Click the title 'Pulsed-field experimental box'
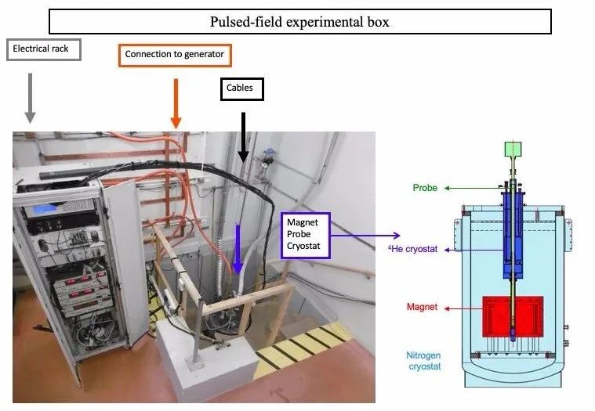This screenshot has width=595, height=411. pyautogui.click(x=299, y=21)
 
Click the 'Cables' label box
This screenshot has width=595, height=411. pyautogui.click(x=240, y=88)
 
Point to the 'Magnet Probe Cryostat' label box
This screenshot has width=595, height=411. pyautogui.click(x=306, y=236)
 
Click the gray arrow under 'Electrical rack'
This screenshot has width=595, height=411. pyautogui.click(x=30, y=98)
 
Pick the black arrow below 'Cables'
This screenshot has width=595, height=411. pyautogui.click(x=243, y=138)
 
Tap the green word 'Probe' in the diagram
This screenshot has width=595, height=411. pyautogui.click(x=424, y=188)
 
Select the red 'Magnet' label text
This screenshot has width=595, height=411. pyautogui.click(x=422, y=308)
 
